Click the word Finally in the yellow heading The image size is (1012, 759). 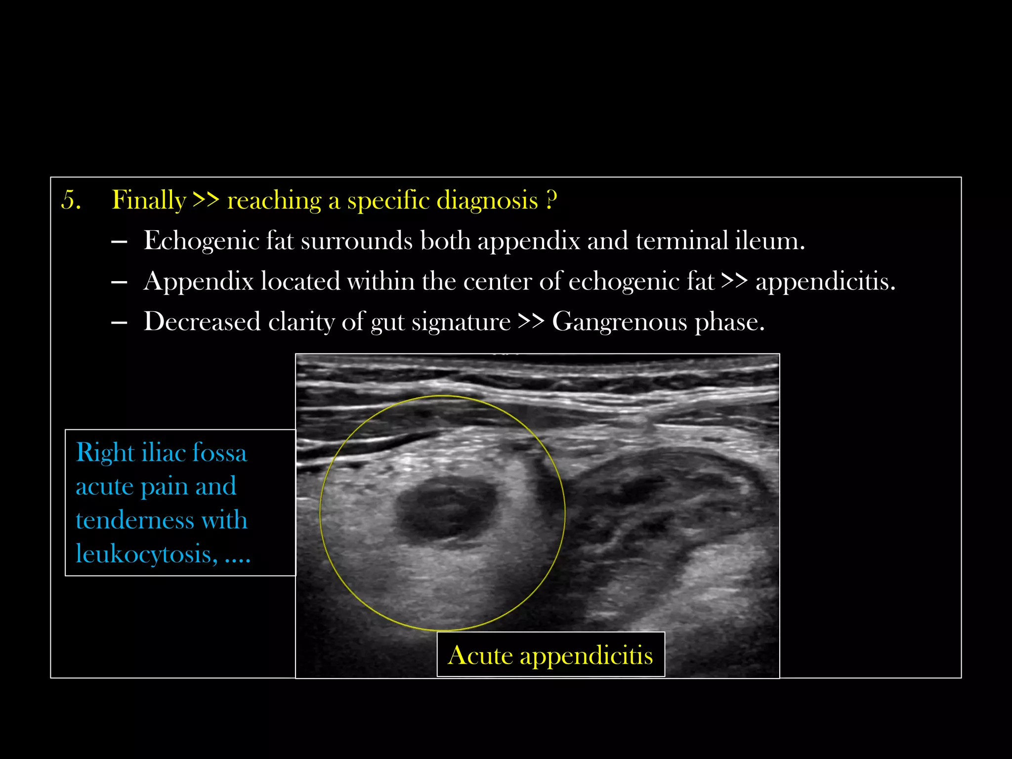click(x=149, y=200)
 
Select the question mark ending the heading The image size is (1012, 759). click(x=552, y=200)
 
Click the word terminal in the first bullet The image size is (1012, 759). click(x=681, y=241)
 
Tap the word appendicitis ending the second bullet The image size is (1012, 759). click(x=825, y=282)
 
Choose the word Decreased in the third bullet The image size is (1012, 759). click(x=202, y=322)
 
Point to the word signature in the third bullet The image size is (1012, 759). click(x=461, y=322)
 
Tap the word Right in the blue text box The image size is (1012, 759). click(x=105, y=453)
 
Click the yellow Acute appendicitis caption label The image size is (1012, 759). click(x=550, y=655)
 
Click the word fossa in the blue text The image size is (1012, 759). click(x=219, y=453)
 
